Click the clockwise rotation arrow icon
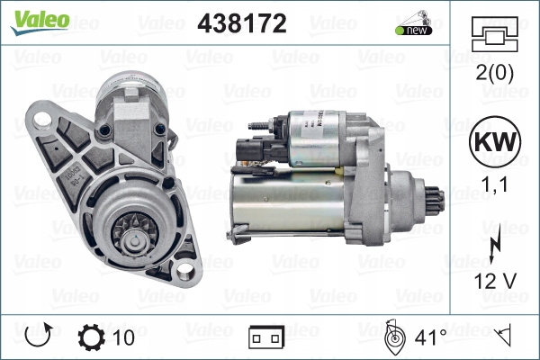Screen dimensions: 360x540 [x=39, y=337]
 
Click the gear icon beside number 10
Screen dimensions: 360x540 [x=93, y=337]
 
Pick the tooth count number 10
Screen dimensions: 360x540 [x=124, y=337]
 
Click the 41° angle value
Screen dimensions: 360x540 [x=430, y=337]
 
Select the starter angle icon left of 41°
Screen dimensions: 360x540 [x=393, y=337]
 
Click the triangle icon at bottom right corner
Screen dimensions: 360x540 [x=504, y=337]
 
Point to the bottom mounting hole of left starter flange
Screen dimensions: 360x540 [x=185, y=268]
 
